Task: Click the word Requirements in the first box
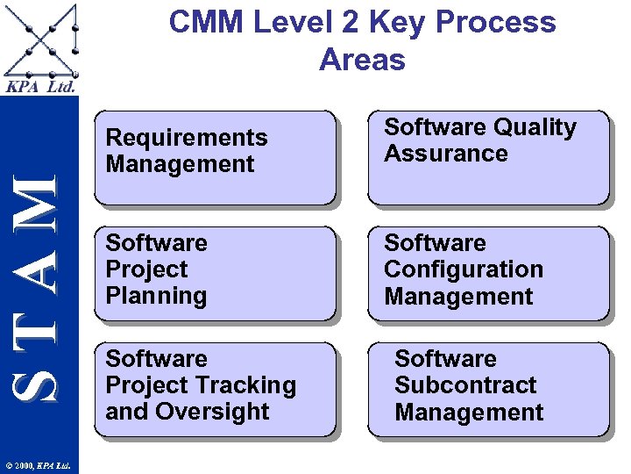point(186,138)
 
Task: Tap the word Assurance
point(445,154)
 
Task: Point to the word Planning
point(156,296)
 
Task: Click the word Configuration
point(464,269)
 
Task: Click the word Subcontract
point(465,385)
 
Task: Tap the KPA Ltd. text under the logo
point(40,87)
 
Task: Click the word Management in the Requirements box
point(180,164)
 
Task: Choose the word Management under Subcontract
point(469,412)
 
